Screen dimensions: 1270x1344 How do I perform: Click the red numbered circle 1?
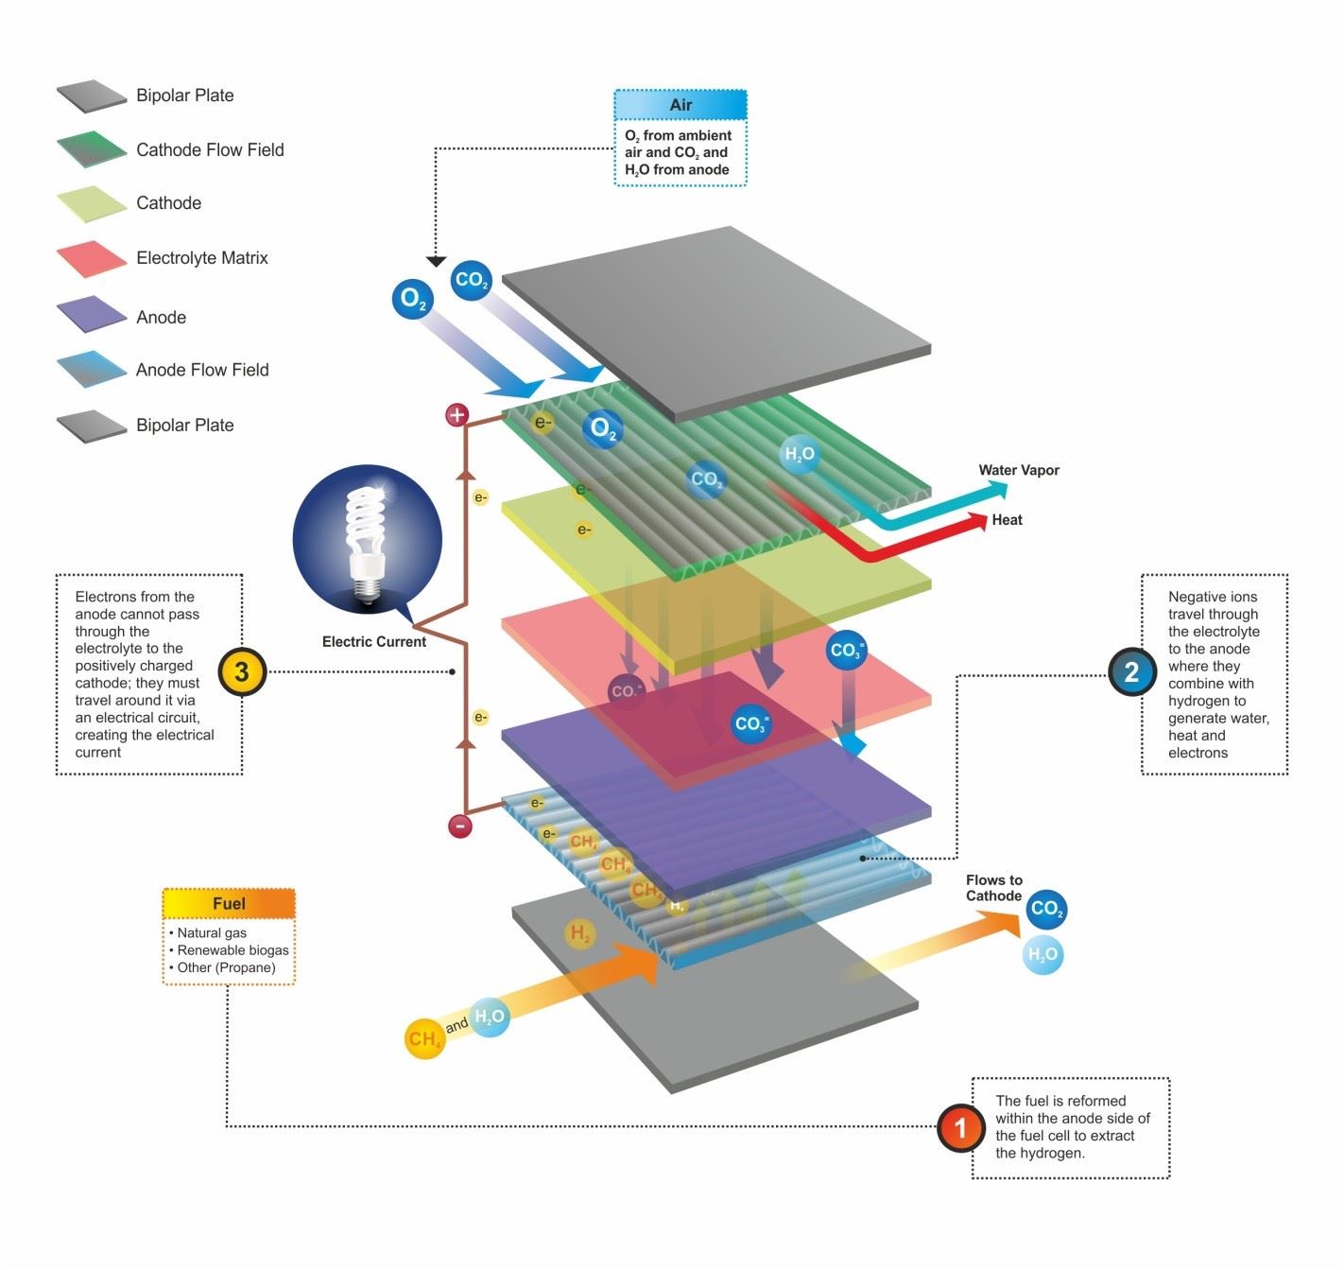pyautogui.click(x=961, y=1127)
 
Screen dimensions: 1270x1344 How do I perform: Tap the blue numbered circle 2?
pyautogui.click(x=1131, y=672)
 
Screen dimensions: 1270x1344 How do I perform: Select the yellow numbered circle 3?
pyautogui.click(x=242, y=672)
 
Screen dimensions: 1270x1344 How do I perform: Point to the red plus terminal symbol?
pyautogui.click(x=457, y=414)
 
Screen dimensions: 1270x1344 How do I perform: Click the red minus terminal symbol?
pyautogui.click(x=460, y=826)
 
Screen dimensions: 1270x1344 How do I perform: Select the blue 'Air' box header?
pyautogui.click(x=681, y=105)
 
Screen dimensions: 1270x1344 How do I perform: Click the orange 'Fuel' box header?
pyautogui.click(x=229, y=904)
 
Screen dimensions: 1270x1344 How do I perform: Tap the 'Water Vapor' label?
pyautogui.click(x=1018, y=470)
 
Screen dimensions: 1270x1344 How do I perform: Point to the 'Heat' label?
pyautogui.click(x=1007, y=519)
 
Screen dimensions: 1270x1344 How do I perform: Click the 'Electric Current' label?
pyautogui.click(x=373, y=641)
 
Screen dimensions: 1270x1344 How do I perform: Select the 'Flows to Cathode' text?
pyautogui.click(x=993, y=888)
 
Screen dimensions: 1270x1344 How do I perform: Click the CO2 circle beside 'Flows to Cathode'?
pyautogui.click(x=1046, y=909)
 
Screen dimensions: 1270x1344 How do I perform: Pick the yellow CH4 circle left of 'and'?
pyautogui.click(x=424, y=1038)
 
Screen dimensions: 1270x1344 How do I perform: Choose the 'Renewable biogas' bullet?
pyautogui.click(x=233, y=950)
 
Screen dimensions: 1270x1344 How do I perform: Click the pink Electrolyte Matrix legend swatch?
pyautogui.click(x=91, y=258)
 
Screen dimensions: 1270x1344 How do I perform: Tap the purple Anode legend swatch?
pyautogui.click(x=91, y=315)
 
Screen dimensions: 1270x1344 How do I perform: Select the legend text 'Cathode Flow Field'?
pyautogui.click(x=210, y=149)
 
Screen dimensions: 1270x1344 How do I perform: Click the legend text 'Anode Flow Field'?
pyautogui.click(x=202, y=370)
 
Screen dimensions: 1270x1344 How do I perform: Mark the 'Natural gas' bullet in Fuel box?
pyautogui.click(x=212, y=932)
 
